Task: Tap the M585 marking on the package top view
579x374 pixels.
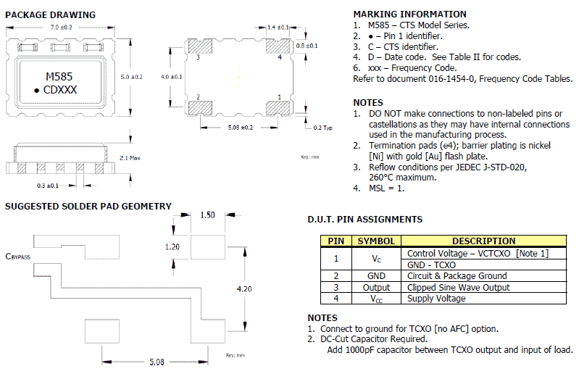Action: coord(59,76)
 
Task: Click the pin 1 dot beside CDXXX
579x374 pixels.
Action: coord(36,90)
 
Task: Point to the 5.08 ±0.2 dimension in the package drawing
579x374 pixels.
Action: coord(236,128)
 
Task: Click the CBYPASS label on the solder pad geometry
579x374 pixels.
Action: coord(17,256)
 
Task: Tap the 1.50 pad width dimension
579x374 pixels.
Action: coord(207,215)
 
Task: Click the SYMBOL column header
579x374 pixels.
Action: coord(375,241)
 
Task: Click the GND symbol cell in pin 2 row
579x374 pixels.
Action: coord(375,275)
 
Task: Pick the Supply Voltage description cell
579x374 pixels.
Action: coord(436,299)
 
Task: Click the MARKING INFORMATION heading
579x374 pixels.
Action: coord(409,14)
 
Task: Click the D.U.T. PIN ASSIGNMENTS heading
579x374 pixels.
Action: coord(365,220)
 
